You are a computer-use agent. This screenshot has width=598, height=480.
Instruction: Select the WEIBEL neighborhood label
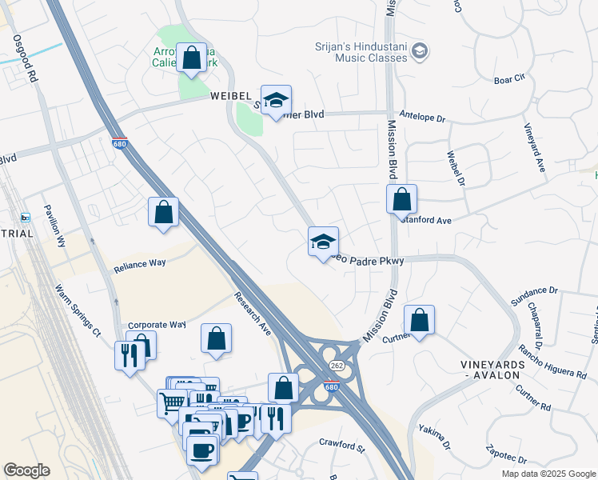(232, 96)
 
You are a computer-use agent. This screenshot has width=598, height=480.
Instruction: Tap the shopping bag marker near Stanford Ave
(401, 200)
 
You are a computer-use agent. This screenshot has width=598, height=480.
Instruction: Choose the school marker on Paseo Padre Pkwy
(323, 242)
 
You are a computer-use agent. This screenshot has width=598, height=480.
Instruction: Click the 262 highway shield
(337, 365)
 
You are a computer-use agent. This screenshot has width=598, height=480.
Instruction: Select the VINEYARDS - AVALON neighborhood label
(492, 371)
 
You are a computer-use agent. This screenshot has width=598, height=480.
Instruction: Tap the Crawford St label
(341, 442)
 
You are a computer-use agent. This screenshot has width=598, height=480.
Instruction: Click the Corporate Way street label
(157, 325)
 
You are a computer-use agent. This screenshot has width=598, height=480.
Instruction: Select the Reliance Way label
(139, 262)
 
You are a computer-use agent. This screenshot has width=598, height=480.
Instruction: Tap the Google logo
(26, 470)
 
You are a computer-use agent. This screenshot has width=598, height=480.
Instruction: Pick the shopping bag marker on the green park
(191, 59)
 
